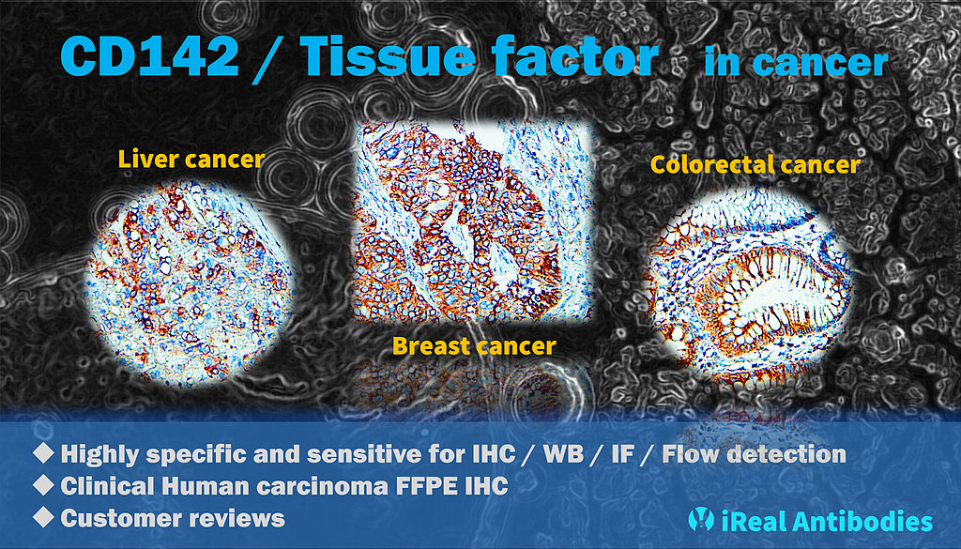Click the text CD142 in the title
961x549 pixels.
point(149,55)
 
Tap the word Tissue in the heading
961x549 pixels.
point(388,55)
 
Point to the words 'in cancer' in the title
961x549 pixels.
point(796,62)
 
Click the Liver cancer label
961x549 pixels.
point(191,160)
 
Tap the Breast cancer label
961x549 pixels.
point(474,346)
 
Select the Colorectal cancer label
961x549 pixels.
point(755,164)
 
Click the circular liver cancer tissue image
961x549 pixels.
point(188,282)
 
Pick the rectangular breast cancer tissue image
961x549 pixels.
point(473,221)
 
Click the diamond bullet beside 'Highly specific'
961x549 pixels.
point(43,452)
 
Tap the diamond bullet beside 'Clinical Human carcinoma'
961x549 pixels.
point(43,484)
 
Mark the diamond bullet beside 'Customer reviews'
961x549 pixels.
point(43,516)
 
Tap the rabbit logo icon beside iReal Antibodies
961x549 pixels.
point(701,519)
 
